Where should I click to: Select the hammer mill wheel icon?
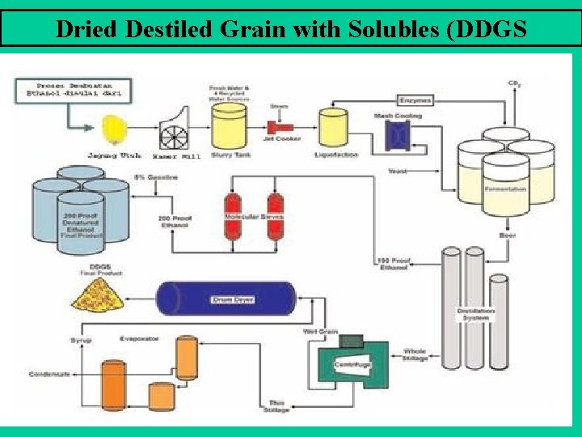(171, 129)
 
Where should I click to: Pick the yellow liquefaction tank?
(332, 126)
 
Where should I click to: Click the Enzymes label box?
(415, 100)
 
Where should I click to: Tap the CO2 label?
(514, 83)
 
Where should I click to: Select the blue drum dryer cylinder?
(226, 298)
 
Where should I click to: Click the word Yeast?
(398, 172)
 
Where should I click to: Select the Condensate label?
(49, 374)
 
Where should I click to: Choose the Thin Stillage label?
(276, 405)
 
